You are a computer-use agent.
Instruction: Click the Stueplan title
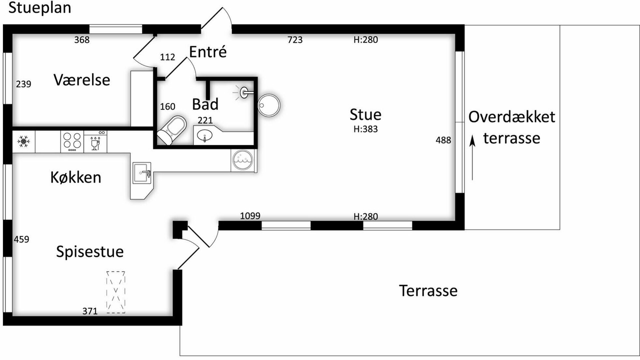(x=39, y=8)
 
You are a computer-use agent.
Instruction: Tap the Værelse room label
(x=81, y=79)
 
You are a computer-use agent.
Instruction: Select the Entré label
(x=208, y=51)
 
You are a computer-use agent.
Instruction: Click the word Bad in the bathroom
(x=205, y=104)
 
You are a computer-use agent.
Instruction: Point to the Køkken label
(x=75, y=177)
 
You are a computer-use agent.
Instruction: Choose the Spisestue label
(x=89, y=251)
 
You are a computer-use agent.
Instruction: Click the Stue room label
(x=365, y=114)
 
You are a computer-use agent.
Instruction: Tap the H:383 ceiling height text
(x=365, y=129)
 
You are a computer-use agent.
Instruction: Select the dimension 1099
(x=250, y=215)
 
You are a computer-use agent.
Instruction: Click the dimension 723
(x=295, y=39)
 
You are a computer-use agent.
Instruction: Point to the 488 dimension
(x=443, y=140)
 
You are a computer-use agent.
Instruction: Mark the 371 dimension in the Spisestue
(x=90, y=311)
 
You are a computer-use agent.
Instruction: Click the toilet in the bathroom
(x=171, y=130)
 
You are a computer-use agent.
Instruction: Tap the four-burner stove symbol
(x=72, y=141)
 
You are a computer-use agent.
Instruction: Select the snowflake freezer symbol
(x=23, y=141)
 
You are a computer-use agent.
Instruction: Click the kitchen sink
(x=141, y=173)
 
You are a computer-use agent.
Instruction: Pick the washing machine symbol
(x=242, y=160)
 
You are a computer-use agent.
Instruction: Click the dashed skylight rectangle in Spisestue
(x=115, y=292)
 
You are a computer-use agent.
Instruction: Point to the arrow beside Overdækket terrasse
(x=472, y=157)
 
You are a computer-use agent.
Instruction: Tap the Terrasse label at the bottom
(x=428, y=290)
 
